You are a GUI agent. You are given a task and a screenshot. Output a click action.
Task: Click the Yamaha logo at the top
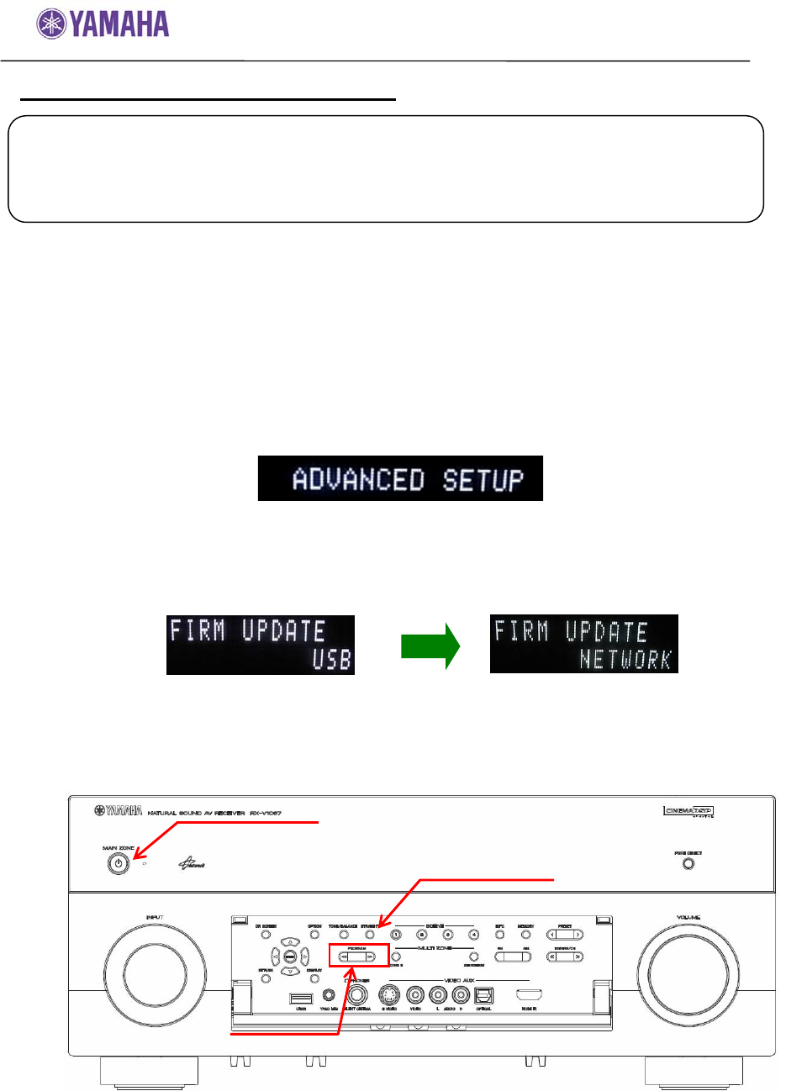click(103, 24)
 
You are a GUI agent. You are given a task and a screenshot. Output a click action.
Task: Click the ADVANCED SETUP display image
click(400, 479)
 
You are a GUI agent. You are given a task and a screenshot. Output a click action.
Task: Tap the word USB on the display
click(330, 660)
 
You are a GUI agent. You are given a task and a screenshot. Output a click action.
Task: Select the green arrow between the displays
click(430, 646)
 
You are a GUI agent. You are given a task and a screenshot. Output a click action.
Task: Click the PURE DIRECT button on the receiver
click(688, 863)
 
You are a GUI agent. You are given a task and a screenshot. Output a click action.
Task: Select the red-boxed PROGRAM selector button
click(357, 956)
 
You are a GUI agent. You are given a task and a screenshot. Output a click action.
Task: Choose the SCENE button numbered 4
click(473, 935)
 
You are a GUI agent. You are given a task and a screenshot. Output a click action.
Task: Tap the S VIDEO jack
click(389, 995)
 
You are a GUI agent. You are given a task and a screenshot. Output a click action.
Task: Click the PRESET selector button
click(565, 935)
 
